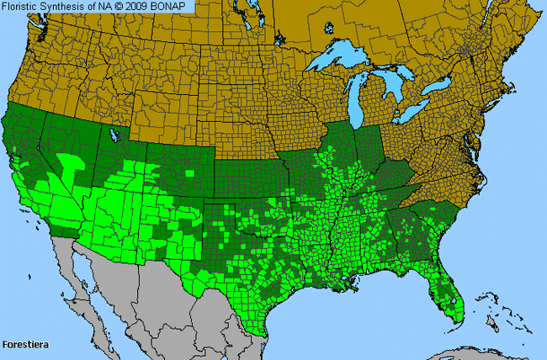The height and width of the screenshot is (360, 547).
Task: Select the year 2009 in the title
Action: coord(141,6)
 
